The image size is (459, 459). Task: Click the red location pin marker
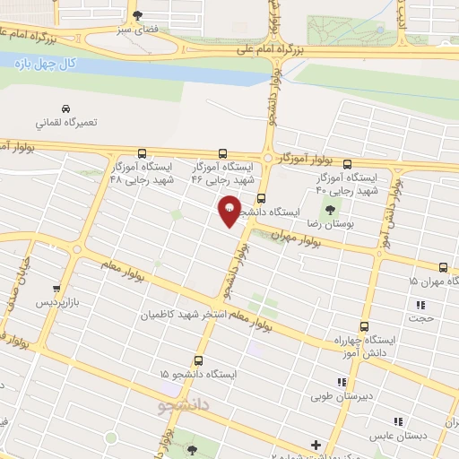tap(229, 211)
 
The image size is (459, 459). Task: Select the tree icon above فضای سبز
tap(136, 14)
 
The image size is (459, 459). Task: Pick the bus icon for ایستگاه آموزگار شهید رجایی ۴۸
tap(142, 152)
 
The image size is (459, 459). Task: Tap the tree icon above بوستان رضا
tap(333, 208)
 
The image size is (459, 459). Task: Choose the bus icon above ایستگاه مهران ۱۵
tap(442, 266)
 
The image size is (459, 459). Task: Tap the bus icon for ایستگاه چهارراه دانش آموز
tap(364, 326)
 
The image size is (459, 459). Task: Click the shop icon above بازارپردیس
tap(56, 289)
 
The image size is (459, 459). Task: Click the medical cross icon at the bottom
tap(315, 445)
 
